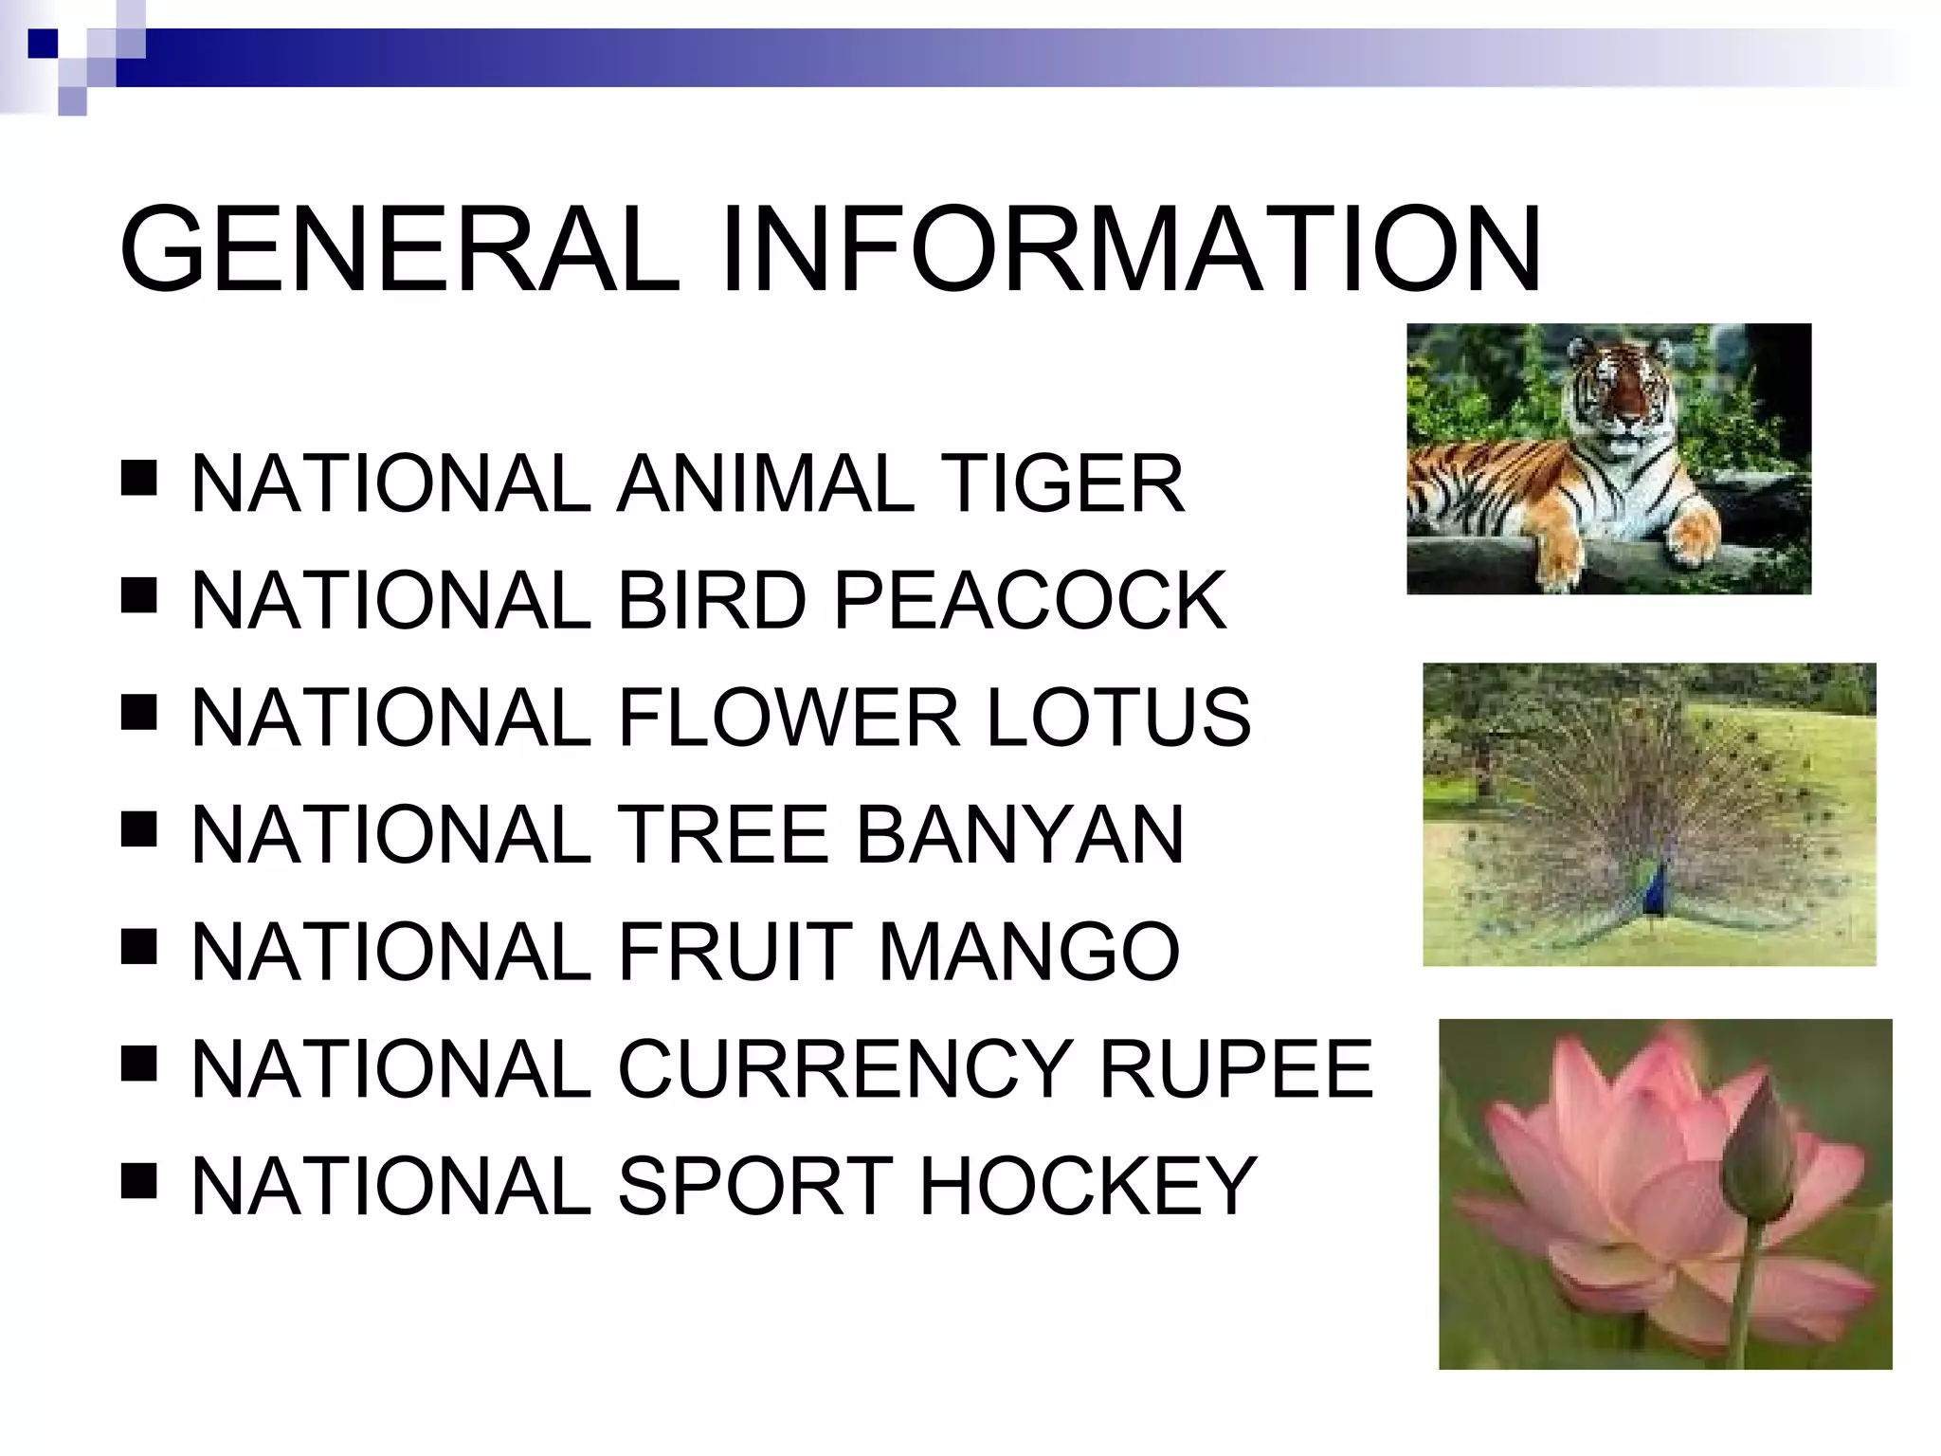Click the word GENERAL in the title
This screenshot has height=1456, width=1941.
398,249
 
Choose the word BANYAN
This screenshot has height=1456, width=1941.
1020,834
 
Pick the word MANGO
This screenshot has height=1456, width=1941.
1029,952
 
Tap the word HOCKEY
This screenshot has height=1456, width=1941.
1088,1186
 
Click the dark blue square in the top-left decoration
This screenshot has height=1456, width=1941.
42,44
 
